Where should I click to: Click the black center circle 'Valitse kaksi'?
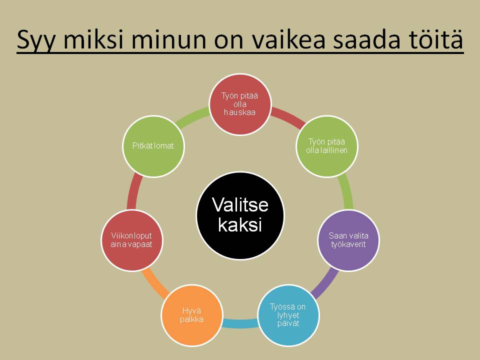tap(240, 215)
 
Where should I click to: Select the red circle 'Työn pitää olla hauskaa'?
tap(240, 104)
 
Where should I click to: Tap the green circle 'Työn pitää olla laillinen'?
tap(327, 146)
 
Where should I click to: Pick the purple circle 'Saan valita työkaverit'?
tap(348, 240)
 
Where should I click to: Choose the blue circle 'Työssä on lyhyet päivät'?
tap(288, 315)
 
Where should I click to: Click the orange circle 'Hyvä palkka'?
tap(192, 315)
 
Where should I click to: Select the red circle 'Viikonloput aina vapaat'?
tap(132, 240)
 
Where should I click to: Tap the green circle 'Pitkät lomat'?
tap(153, 146)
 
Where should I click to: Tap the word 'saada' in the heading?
tap(366, 39)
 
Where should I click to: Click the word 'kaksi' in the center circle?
tap(240, 225)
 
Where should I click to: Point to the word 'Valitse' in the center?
tap(240, 204)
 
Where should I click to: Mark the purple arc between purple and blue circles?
tap(325, 283)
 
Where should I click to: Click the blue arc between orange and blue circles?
tap(240, 323)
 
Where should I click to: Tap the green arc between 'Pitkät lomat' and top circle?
tap(192, 116)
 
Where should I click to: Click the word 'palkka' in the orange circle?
tap(191, 319)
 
